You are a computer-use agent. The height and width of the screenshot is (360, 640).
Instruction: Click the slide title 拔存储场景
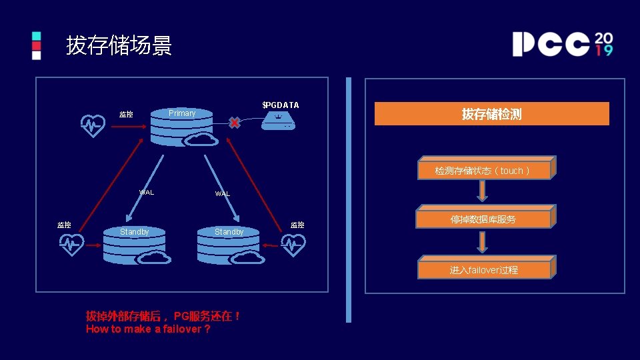tap(119, 46)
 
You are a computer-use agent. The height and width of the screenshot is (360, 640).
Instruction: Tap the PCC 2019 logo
tap(562, 44)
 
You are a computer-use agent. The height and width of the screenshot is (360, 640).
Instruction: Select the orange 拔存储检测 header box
tap(492, 114)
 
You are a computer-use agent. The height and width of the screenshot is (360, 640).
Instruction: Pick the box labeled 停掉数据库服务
tap(483, 219)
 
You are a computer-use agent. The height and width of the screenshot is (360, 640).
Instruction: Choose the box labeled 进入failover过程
tap(484, 269)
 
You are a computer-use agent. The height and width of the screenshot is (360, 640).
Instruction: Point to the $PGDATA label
tap(281, 105)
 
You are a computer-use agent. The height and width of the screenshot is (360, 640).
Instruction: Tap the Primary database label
tap(182, 113)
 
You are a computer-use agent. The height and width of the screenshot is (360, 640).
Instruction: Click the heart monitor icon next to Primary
tap(93, 125)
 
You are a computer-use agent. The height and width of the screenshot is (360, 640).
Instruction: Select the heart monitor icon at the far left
tap(71, 244)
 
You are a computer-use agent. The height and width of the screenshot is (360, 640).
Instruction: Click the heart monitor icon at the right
tap(293, 245)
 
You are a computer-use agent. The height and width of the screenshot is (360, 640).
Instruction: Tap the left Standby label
tap(135, 232)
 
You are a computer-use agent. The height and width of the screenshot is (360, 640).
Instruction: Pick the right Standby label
tap(229, 232)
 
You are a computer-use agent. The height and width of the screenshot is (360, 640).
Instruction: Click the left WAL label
tap(146, 193)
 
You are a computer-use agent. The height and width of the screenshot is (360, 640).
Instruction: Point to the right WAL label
tap(222, 194)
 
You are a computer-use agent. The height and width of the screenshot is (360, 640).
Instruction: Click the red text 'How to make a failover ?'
tap(148, 329)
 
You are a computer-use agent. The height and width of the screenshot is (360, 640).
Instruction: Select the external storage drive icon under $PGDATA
tap(277, 121)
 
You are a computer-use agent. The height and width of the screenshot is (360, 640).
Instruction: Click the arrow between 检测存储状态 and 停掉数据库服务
tap(483, 190)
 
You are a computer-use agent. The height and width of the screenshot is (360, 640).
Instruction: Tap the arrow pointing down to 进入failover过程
tap(483, 241)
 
